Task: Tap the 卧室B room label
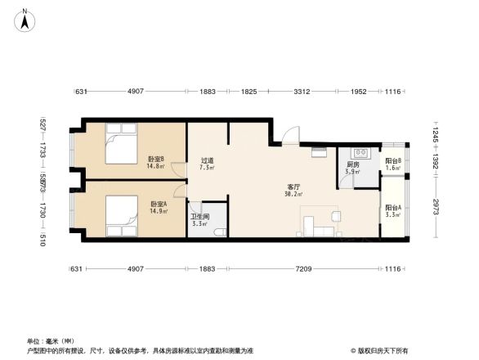click(155, 159)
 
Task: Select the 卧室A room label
click(158, 204)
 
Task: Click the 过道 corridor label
click(208, 160)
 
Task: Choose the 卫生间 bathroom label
click(199, 217)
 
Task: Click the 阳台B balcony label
click(393, 161)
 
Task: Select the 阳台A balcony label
click(393, 208)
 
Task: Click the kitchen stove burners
click(360, 153)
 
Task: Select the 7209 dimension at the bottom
click(302, 268)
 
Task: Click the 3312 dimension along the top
click(302, 92)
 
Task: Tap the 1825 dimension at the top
click(248, 92)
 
